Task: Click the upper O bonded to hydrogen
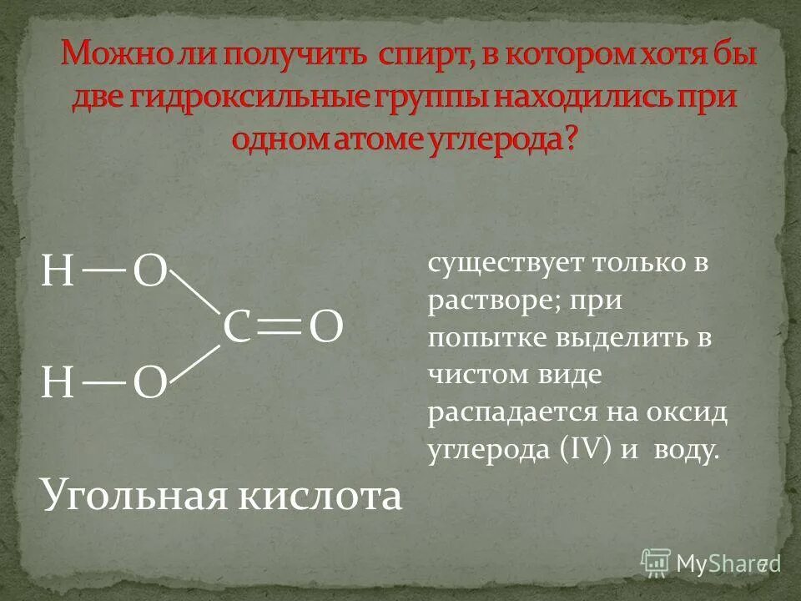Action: tap(151, 272)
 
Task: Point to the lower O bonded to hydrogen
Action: tap(151, 384)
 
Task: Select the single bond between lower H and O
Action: tap(104, 383)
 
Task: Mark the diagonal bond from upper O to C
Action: tap(198, 292)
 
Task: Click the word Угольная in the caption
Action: tap(133, 496)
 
